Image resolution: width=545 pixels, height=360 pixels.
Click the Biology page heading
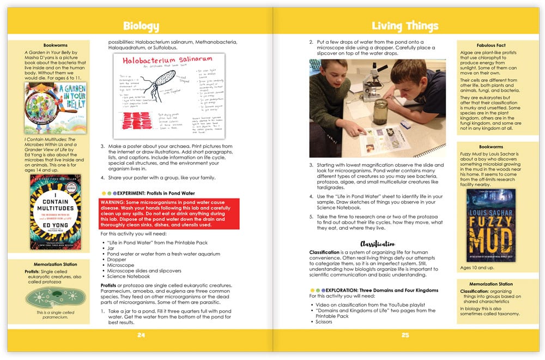click(141, 26)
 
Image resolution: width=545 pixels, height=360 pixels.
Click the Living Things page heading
click(404, 26)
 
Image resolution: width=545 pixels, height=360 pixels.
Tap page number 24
click(141, 335)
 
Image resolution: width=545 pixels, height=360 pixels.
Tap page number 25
click(404, 335)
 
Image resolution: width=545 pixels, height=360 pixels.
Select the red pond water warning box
click(169, 213)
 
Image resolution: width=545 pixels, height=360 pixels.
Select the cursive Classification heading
click(377, 243)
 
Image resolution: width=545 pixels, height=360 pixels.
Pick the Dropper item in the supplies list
click(117, 260)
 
